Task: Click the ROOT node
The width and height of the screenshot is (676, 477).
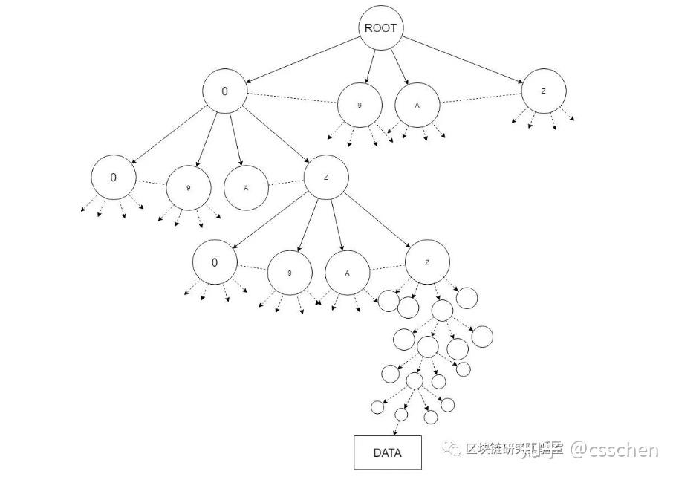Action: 380,29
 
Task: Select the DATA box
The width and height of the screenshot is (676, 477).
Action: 386,452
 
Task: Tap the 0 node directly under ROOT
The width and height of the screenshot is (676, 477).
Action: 224,91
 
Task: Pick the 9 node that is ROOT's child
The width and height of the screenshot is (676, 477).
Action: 360,106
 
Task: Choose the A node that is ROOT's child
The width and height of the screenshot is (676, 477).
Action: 417,105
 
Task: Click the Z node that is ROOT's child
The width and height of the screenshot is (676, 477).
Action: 544,91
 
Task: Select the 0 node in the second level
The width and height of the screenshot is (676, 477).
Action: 114,178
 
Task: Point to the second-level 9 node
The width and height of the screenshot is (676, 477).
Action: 188,188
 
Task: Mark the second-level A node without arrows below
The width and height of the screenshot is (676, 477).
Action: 246,187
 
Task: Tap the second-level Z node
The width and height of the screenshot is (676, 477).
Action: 326,178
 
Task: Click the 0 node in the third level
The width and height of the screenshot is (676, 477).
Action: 215,262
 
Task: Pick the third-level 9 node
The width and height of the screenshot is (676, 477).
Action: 289,273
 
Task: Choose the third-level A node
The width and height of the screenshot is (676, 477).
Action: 347,272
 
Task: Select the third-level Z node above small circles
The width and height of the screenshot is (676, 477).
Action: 427,263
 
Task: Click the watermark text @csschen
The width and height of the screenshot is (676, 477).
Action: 614,449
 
